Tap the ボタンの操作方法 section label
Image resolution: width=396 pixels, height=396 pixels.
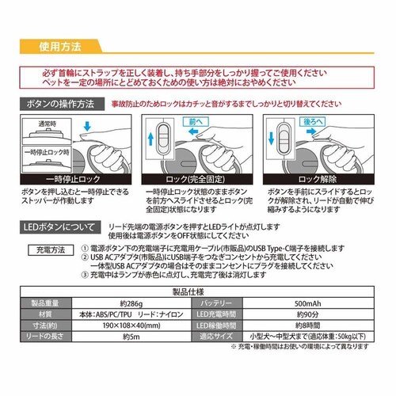tap(59, 104)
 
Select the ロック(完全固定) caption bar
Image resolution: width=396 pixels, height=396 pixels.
tap(198, 181)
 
